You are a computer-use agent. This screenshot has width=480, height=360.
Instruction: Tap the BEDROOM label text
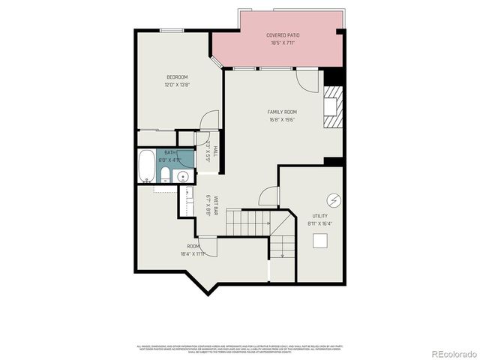177,77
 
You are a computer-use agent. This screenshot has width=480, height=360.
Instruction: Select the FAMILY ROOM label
282,112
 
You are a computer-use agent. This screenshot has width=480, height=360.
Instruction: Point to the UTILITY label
319,216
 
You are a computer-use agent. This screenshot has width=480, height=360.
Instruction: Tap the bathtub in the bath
146,166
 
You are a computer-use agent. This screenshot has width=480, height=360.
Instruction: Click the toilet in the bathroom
166,175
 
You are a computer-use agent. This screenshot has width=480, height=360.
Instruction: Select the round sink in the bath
181,177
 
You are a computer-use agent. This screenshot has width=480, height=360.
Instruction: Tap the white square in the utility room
320,240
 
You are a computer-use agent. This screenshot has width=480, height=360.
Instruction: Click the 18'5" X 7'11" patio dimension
282,43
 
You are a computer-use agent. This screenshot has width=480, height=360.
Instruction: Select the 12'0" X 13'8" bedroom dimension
177,85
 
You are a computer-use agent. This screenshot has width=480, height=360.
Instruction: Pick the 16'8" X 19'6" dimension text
282,119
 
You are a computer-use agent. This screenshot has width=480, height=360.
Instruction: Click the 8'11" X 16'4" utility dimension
320,223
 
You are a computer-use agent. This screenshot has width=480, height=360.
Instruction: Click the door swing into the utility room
268,196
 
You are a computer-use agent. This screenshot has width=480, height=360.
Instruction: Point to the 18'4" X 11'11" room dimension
193,253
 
